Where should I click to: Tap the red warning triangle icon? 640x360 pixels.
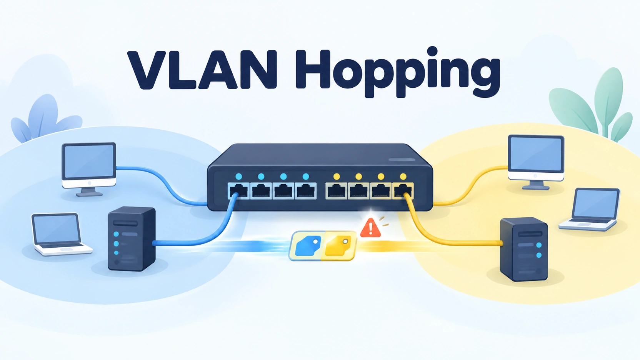point(370,228)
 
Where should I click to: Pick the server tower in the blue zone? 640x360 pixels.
point(132,239)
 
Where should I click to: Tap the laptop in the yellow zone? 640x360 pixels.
point(590,210)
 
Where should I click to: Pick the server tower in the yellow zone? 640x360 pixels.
point(524,249)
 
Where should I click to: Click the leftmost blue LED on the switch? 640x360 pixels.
point(238,176)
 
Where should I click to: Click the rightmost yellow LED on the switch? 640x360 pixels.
point(403,176)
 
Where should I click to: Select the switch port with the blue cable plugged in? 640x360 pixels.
point(238,191)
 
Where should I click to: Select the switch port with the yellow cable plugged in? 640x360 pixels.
point(403,191)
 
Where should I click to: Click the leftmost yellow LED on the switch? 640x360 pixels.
point(337,176)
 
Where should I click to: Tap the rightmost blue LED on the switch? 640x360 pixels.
point(305,176)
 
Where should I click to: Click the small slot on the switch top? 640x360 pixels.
point(402,160)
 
